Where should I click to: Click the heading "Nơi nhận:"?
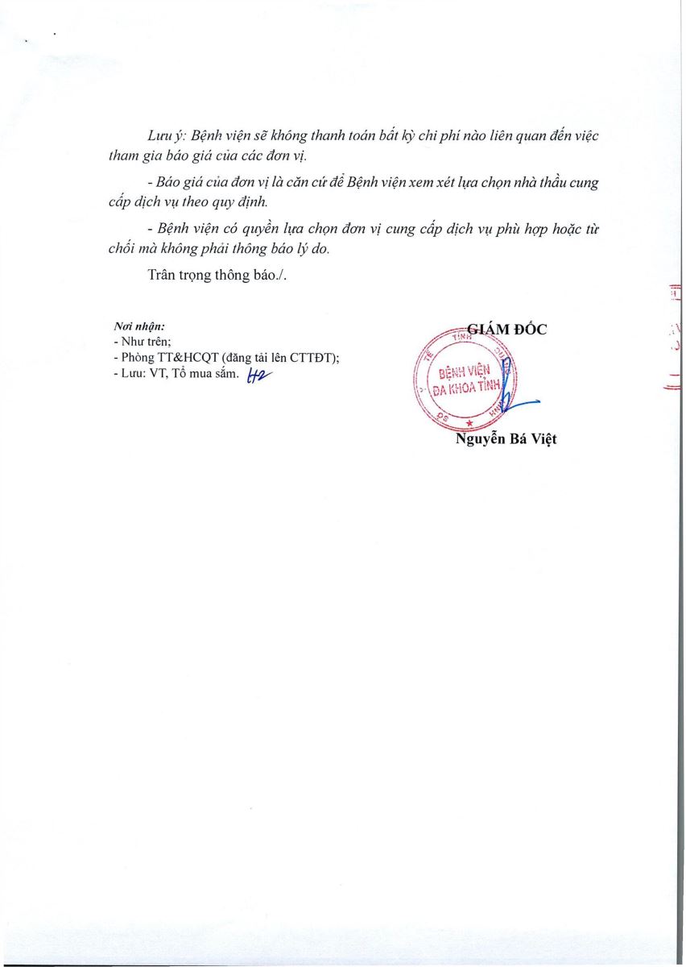(x=139, y=327)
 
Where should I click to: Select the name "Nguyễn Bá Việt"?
(x=506, y=439)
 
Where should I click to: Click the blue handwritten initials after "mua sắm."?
(x=256, y=374)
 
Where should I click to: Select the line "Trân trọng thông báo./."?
(x=217, y=275)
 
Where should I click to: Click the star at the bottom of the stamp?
(x=469, y=424)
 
